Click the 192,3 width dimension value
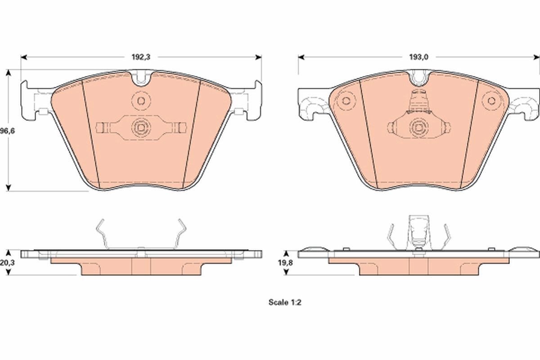tap(141, 57)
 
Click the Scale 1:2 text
tap(284, 303)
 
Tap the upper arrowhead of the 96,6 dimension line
tap(8, 73)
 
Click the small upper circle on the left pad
tap(140, 100)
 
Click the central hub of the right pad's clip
tap(418, 128)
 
